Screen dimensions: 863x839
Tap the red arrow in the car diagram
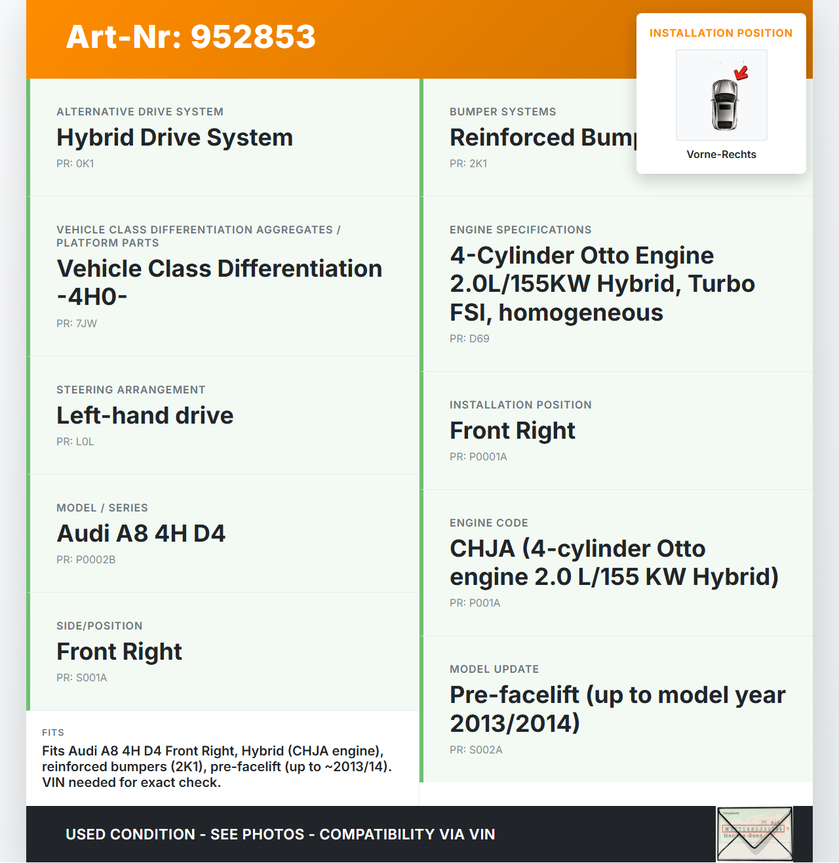click(x=741, y=73)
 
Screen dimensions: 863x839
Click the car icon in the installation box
click(x=724, y=104)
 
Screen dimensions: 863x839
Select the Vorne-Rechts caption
click(x=721, y=155)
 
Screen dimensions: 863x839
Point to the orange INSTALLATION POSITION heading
click(x=721, y=33)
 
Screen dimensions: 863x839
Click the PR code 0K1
click(x=75, y=164)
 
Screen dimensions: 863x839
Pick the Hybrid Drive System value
click(x=174, y=138)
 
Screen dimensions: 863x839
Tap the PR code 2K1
click(x=469, y=164)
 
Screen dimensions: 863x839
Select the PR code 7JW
click(x=77, y=324)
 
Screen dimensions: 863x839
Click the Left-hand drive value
click(x=145, y=416)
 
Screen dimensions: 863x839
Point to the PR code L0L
click(x=75, y=442)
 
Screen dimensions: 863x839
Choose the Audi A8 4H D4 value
click(x=141, y=534)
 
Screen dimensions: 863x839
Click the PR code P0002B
click(x=86, y=560)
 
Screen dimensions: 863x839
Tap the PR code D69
click(x=469, y=339)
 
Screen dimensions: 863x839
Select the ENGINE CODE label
click(x=488, y=523)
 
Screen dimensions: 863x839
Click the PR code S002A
click(x=476, y=750)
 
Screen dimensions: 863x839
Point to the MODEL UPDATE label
click(x=494, y=670)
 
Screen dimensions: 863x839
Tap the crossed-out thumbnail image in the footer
click(x=754, y=833)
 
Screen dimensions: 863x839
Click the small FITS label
click(x=53, y=733)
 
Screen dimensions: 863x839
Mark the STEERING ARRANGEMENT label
click(x=131, y=390)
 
